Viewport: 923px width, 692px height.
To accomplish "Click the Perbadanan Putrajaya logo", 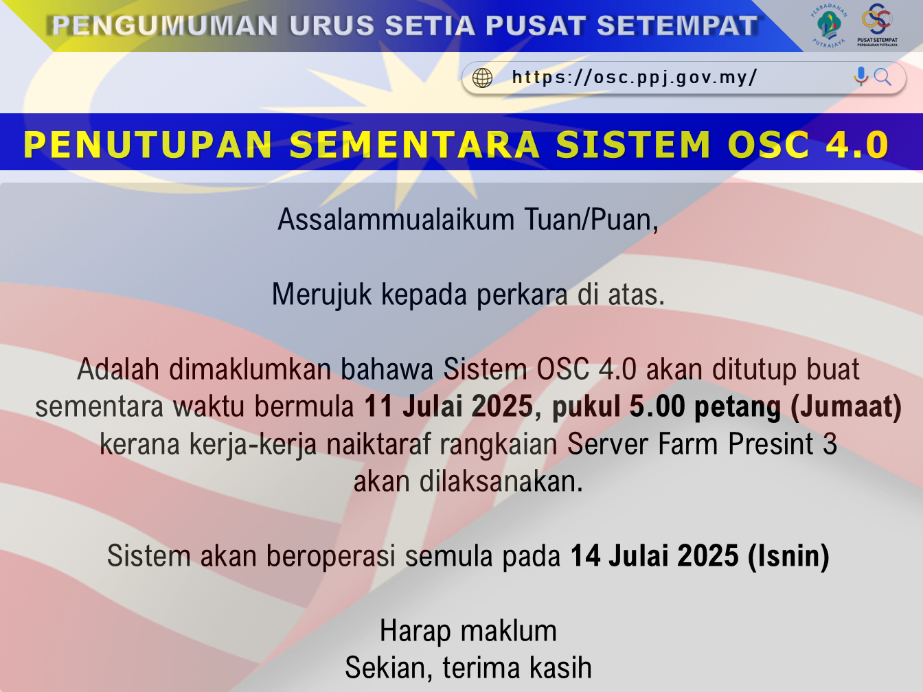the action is coord(829,26).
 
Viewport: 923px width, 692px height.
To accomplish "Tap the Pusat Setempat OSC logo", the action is coord(877,24).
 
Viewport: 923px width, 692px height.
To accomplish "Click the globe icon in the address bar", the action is coord(482,78).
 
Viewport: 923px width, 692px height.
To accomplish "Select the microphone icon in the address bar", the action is coord(861,76).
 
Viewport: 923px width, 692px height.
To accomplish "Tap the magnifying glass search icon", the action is coord(882,78).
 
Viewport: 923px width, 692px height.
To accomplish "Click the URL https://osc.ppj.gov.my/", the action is coord(635,78).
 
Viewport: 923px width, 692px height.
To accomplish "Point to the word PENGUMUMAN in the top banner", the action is coord(164,25).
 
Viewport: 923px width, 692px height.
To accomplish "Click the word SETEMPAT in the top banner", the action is coord(677,25).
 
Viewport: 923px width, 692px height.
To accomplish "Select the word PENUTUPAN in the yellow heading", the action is coord(148,145).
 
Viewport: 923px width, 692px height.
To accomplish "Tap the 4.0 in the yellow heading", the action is coord(857,145).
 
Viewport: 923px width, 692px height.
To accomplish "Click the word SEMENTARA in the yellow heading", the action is coord(414,145).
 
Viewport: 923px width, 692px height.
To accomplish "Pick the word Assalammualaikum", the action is coord(396,219).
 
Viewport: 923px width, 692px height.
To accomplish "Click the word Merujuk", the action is coord(321,295).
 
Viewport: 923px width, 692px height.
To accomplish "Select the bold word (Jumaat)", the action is coord(846,406).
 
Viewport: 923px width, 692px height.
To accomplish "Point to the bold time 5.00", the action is coord(657,406).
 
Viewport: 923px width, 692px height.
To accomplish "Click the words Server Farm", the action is coord(643,443).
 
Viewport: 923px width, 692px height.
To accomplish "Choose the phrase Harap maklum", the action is coord(468,631).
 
